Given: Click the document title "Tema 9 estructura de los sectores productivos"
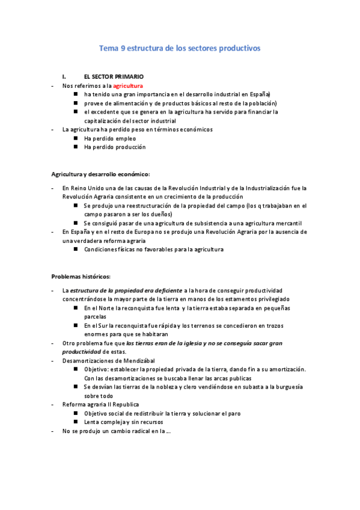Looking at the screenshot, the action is [x=180, y=49].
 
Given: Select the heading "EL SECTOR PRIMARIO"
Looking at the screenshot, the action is [x=114, y=77].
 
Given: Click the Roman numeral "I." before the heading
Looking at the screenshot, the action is [x=64, y=77].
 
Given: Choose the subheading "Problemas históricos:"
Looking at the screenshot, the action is [x=81, y=277].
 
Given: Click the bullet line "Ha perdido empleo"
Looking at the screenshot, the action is [x=110, y=138].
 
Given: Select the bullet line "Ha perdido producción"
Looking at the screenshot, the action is [x=115, y=147].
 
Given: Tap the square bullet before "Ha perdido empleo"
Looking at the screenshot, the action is [x=76, y=138].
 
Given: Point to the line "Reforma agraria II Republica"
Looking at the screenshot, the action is [x=100, y=405].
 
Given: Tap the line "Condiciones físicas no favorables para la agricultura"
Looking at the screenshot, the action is [x=154, y=249].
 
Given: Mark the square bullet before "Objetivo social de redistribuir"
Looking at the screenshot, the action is [x=76, y=414].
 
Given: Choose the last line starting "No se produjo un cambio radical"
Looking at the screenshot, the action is [x=117, y=431].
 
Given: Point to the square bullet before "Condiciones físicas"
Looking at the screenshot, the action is [x=76, y=249].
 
